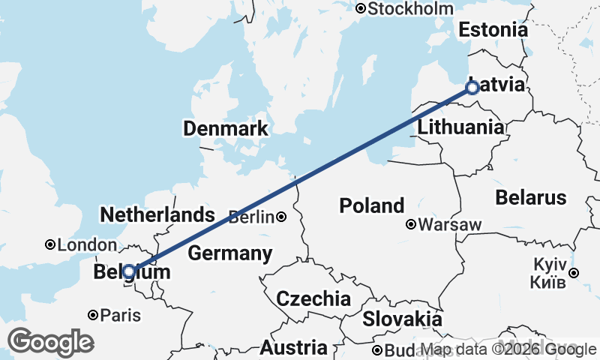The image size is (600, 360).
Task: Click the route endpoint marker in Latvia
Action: [472, 88]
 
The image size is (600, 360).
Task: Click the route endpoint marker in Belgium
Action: [129, 271]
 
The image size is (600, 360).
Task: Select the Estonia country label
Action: [493, 31]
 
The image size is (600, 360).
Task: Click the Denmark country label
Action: [226, 129]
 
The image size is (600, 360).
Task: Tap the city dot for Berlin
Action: [280, 217]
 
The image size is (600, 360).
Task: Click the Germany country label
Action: [229, 253]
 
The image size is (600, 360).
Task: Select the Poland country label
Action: [372, 205]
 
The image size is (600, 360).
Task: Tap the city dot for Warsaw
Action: [411, 224]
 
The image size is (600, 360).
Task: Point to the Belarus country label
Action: [530, 198]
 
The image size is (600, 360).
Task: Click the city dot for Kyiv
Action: [573, 273]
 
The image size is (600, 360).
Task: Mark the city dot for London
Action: [49, 244]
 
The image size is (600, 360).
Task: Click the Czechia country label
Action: [313, 298]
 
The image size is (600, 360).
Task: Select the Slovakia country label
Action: [402, 319]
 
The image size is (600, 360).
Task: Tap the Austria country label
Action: [293, 348]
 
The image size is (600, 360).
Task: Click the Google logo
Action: [50, 342]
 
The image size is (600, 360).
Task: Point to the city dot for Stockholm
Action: [361, 9]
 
